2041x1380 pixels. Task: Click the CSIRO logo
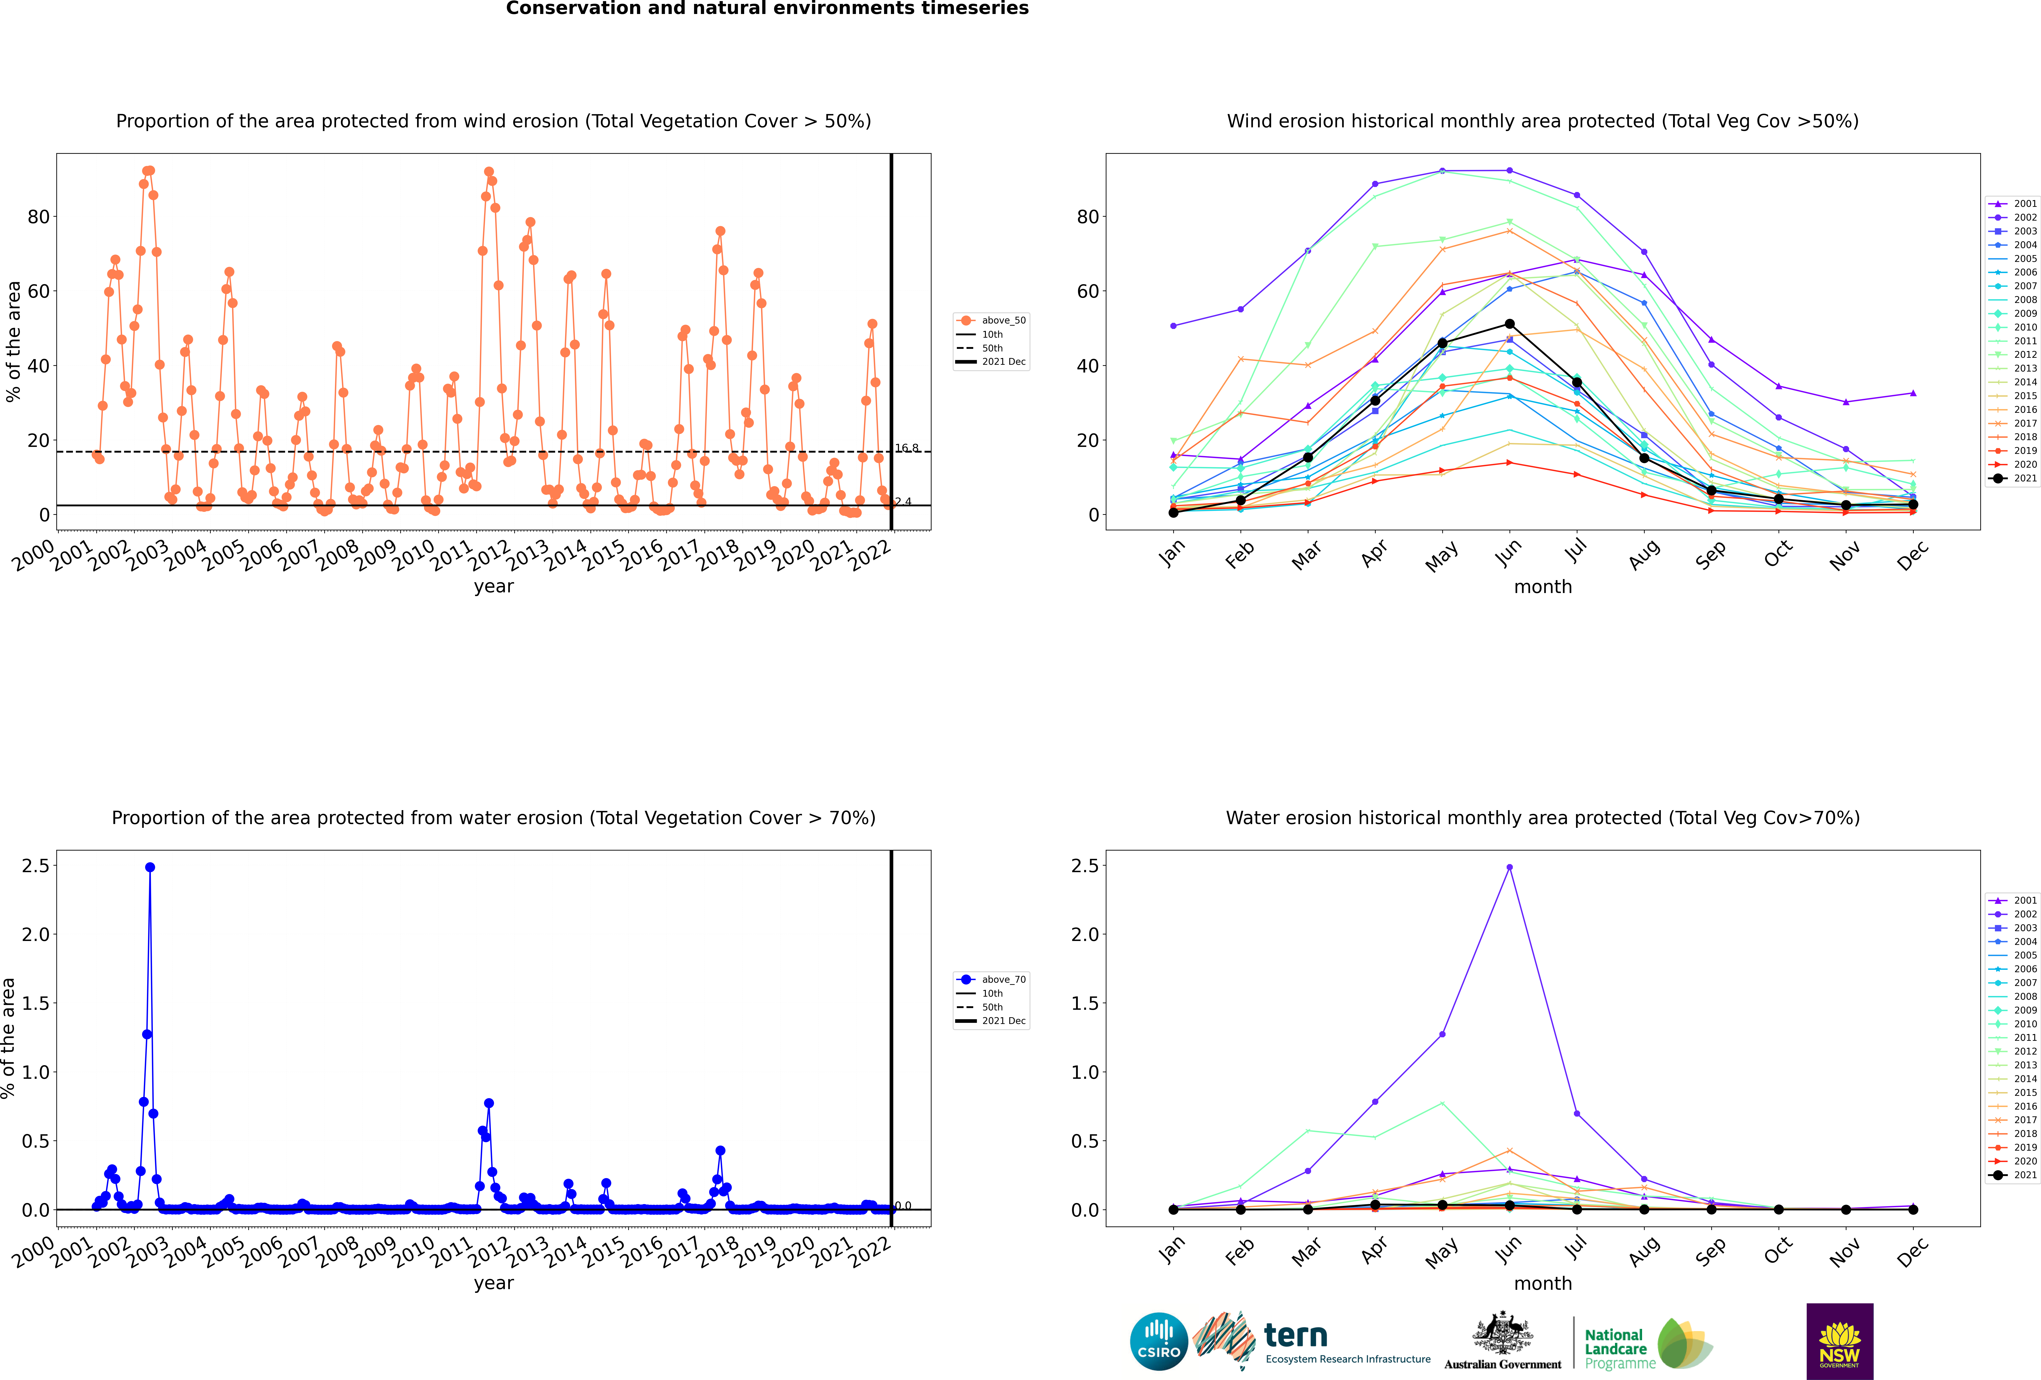click(x=1158, y=1341)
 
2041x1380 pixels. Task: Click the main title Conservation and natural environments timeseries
click(x=767, y=9)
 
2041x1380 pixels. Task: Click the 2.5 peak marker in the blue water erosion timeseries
click(x=150, y=867)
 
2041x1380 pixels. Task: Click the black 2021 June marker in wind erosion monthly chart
click(x=1510, y=324)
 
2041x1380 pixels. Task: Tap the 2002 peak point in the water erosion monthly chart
click(x=1510, y=867)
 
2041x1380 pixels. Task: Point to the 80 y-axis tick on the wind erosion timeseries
click(x=39, y=216)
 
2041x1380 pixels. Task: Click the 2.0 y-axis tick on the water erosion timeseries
click(x=36, y=934)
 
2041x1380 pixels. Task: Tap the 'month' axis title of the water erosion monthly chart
click(x=1543, y=1283)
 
